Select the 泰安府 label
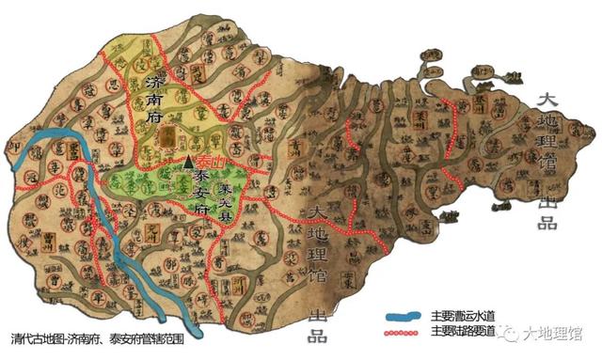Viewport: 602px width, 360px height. point(200,193)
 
